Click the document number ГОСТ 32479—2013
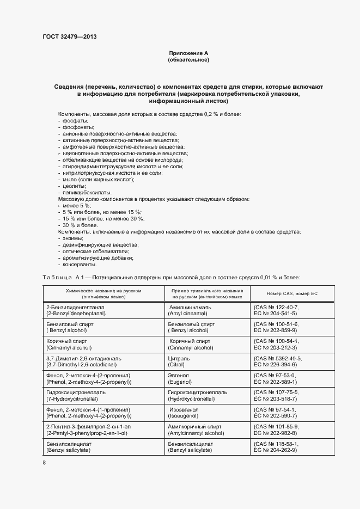(x=70, y=36)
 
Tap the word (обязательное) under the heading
(x=188, y=60)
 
